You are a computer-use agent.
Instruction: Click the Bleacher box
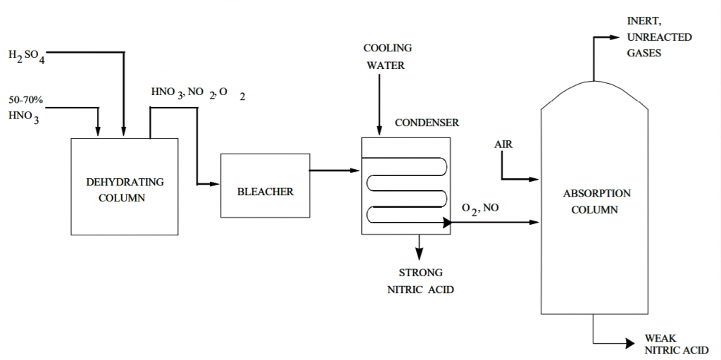pos(265,185)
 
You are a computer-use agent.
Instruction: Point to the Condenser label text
pos(426,123)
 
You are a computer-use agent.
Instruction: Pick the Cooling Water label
pos(387,57)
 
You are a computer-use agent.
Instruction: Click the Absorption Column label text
pos(595,201)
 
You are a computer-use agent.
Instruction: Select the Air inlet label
pos(503,144)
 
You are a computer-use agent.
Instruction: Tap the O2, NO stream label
pos(481,208)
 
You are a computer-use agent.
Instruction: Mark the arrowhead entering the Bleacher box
pos(215,184)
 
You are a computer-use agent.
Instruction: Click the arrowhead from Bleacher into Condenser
pos(355,170)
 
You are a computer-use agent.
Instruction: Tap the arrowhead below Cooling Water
pos(380,130)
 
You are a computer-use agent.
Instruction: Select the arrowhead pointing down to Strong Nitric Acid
pos(420,254)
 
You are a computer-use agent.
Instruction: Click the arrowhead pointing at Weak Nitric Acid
pos(631,343)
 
